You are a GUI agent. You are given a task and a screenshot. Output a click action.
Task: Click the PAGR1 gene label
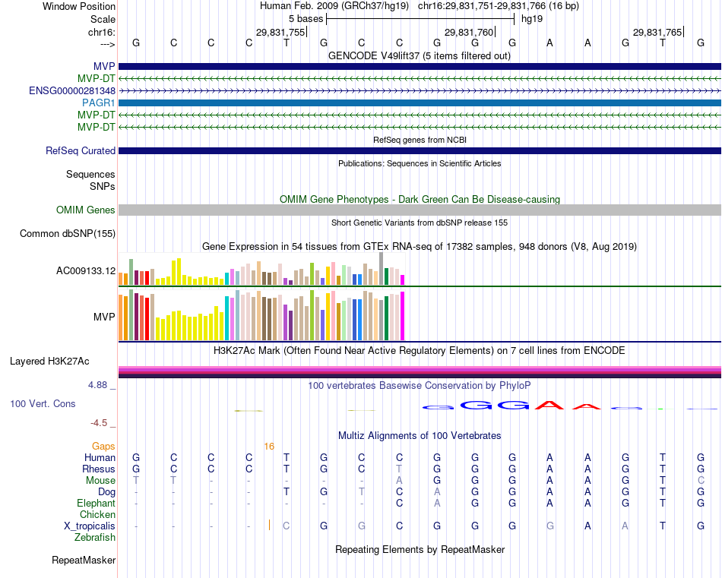99,103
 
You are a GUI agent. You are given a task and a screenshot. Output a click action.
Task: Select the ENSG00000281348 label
72,90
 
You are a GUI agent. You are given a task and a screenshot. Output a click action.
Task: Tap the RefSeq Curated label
81,151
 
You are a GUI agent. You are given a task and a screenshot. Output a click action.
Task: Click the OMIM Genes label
86,210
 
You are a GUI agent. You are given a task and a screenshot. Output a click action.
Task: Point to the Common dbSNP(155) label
68,234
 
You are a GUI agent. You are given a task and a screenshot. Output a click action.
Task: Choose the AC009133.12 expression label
86,271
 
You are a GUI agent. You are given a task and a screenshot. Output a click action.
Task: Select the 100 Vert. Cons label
43,404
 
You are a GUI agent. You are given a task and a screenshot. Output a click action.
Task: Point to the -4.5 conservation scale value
103,423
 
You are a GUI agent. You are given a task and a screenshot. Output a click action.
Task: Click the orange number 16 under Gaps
269,447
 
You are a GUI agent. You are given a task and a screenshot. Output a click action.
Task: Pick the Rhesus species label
99,469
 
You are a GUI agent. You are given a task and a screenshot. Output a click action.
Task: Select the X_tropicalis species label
90,526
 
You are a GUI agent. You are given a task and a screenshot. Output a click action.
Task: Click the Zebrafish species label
95,538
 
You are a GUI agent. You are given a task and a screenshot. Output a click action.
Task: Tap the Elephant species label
97,504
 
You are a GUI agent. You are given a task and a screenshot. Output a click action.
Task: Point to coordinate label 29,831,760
469,33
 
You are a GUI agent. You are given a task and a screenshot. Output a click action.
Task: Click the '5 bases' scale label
305,18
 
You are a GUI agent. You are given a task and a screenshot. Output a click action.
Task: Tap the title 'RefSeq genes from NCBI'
420,141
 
